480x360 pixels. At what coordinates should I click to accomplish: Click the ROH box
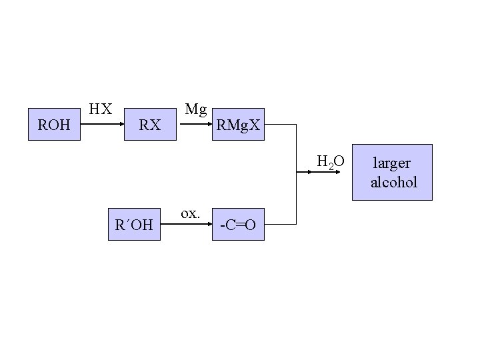(54, 124)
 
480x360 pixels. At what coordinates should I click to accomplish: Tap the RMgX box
(238, 124)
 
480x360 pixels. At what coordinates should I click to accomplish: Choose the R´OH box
(133, 225)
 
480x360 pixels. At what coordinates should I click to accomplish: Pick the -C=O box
(238, 225)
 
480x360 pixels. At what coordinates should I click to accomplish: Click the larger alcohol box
(392, 172)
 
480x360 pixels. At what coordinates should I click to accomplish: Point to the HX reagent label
(101, 109)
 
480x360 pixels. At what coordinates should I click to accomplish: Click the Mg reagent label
(196, 109)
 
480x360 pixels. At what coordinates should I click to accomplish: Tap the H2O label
(331, 161)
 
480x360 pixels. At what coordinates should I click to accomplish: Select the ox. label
(190, 213)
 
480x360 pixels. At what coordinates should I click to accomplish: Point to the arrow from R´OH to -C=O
(189, 225)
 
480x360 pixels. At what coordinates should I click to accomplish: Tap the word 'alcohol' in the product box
(393, 182)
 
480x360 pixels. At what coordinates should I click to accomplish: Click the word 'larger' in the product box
(392, 163)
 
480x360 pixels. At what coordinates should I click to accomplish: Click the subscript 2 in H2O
(331, 165)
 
